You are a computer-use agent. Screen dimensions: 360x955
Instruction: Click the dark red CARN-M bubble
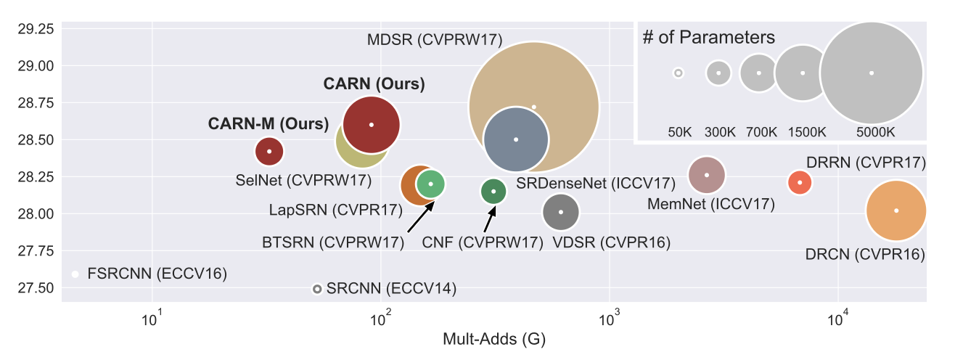[269, 151]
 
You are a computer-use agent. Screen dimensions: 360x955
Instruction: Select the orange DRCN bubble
[896, 210]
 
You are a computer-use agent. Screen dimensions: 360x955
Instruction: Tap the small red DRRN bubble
[799, 182]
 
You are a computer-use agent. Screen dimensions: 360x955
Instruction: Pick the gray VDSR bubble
[561, 212]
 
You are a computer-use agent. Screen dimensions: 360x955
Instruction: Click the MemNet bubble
[707, 175]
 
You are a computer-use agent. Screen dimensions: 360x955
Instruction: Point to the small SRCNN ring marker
[316, 289]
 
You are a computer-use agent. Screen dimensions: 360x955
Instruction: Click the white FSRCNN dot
[75, 274]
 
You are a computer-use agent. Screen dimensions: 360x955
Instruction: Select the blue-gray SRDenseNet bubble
[516, 139]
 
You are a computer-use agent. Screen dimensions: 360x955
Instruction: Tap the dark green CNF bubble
[493, 191]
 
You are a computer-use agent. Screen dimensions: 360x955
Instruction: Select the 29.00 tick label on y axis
[35, 65]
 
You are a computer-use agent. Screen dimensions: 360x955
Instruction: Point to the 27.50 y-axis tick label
[35, 288]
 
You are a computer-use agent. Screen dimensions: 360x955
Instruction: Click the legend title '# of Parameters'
[709, 38]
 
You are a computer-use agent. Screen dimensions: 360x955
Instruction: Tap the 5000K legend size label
[875, 131]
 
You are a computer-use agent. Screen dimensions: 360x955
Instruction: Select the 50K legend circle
[679, 73]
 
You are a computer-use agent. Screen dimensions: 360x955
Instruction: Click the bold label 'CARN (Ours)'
[374, 83]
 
